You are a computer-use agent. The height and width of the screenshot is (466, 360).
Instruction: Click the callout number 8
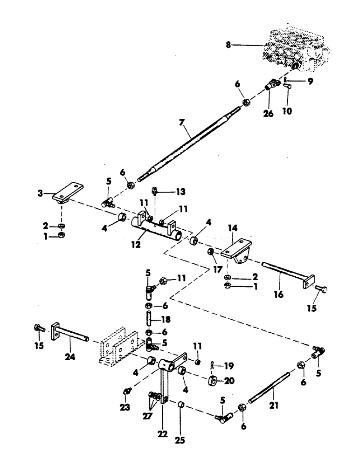tap(228, 45)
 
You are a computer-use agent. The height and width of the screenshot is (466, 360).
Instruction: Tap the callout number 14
tap(233, 229)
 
